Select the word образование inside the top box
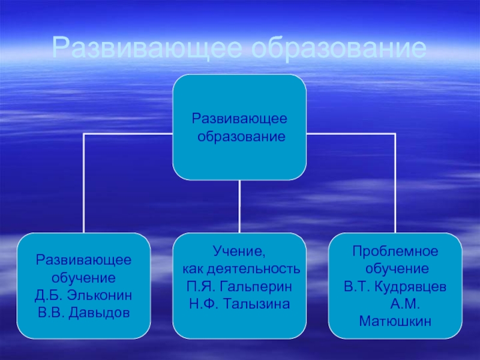241,137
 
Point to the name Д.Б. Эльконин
83,297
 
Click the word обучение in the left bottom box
83,279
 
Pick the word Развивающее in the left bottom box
83,262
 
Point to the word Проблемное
395,250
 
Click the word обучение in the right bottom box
395,267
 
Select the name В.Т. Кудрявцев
395,285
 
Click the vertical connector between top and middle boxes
239,206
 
